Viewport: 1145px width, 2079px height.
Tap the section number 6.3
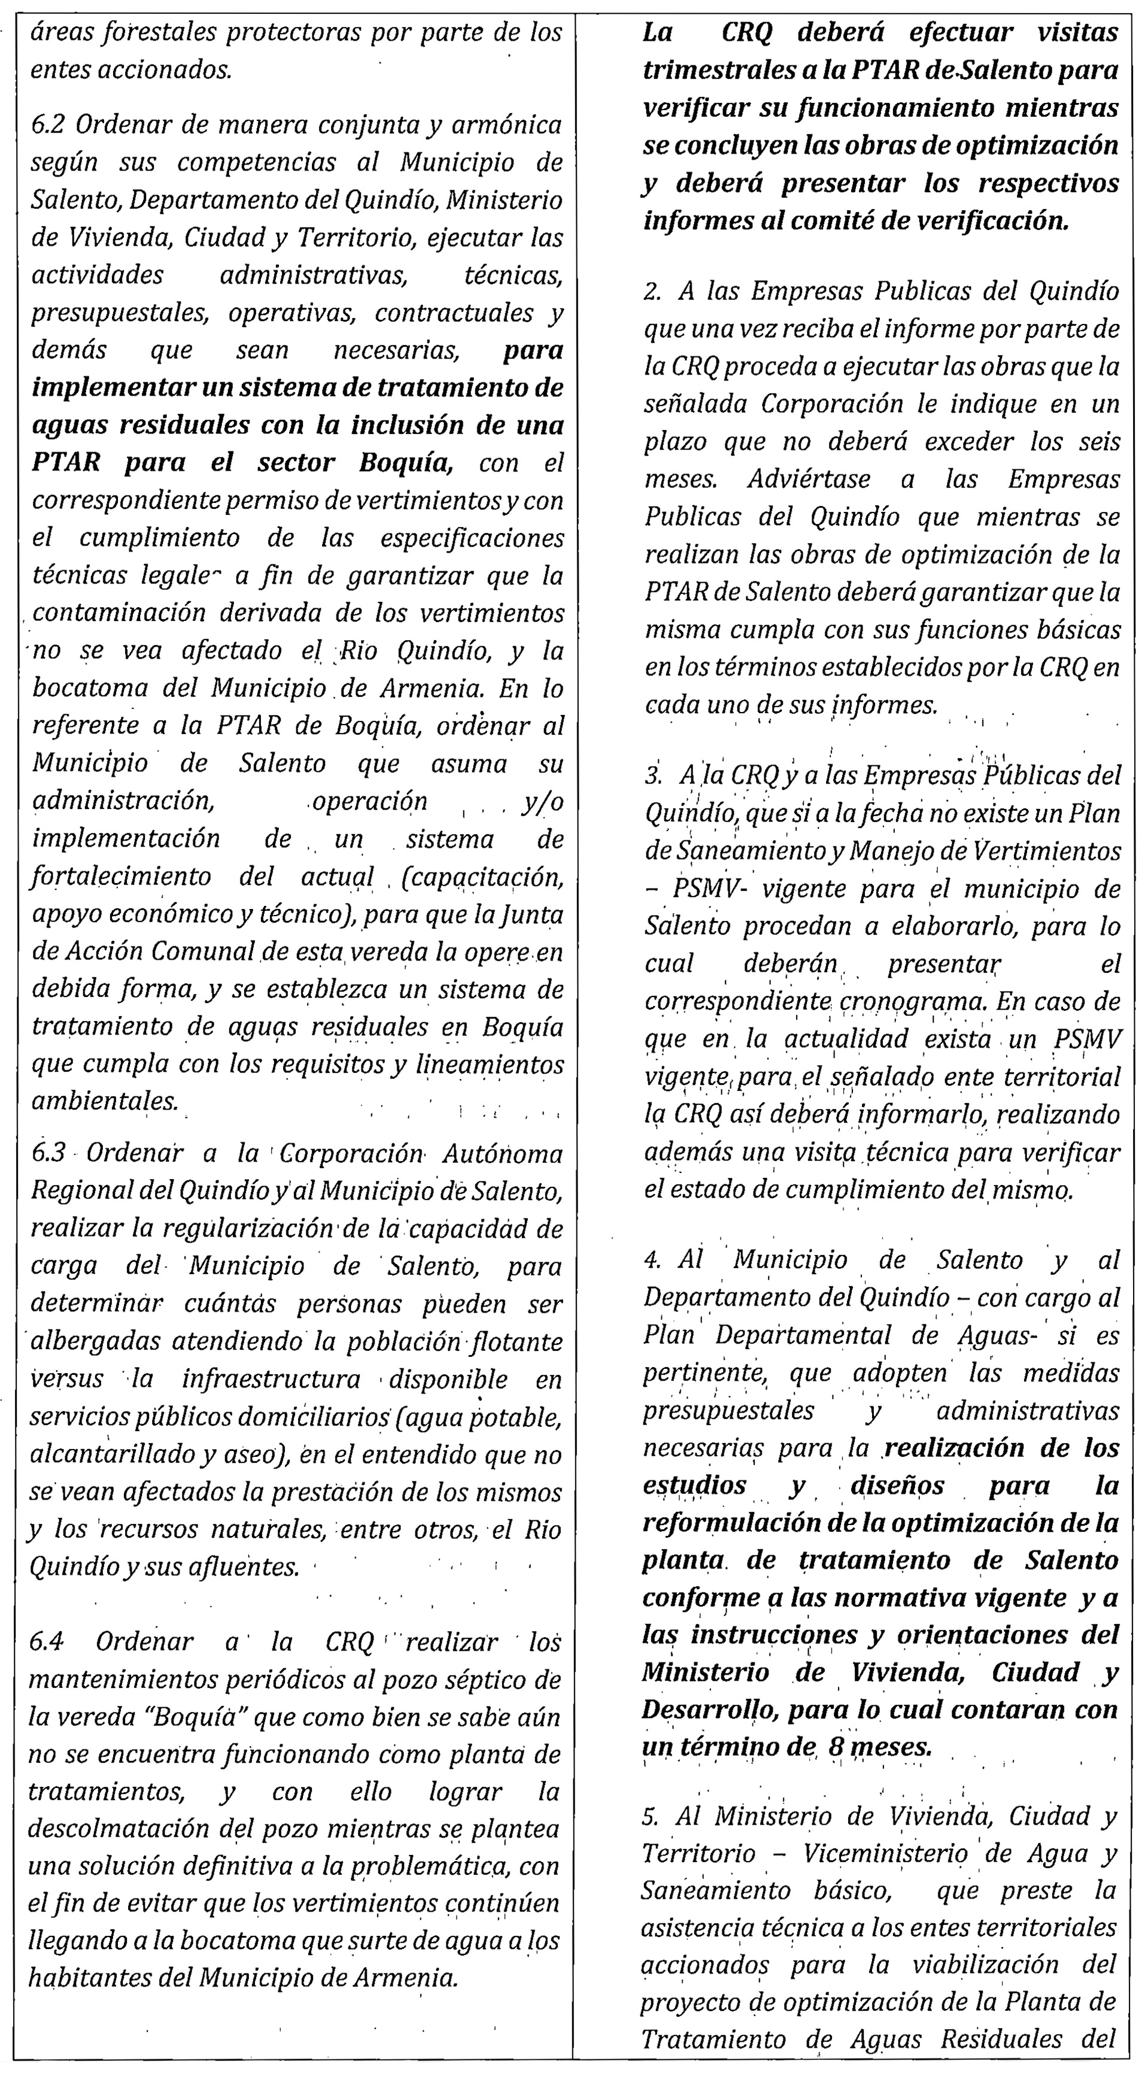click(48, 1154)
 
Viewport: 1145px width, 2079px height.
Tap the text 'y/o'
click(542, 801)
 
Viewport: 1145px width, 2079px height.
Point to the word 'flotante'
click(515, 1341)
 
